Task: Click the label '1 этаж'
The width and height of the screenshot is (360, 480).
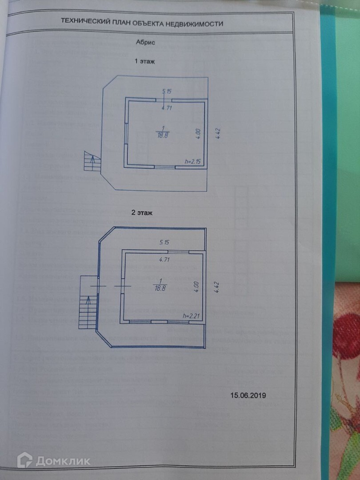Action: [144, 61]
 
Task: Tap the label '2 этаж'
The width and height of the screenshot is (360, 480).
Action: [142, 213]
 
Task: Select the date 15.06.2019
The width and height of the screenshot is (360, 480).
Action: [248, 395]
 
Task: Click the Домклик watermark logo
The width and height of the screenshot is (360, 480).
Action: [53, 460]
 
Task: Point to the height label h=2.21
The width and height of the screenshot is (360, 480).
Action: [192, 316]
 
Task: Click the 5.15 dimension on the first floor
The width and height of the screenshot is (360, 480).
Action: [167, 92]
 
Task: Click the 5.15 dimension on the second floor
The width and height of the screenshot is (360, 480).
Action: [165, 243]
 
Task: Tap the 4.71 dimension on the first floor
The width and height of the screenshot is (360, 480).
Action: [167, 108]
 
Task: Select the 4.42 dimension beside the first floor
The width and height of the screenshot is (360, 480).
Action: [217, 134]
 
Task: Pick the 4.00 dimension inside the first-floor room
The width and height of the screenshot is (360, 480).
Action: [198, 134]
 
